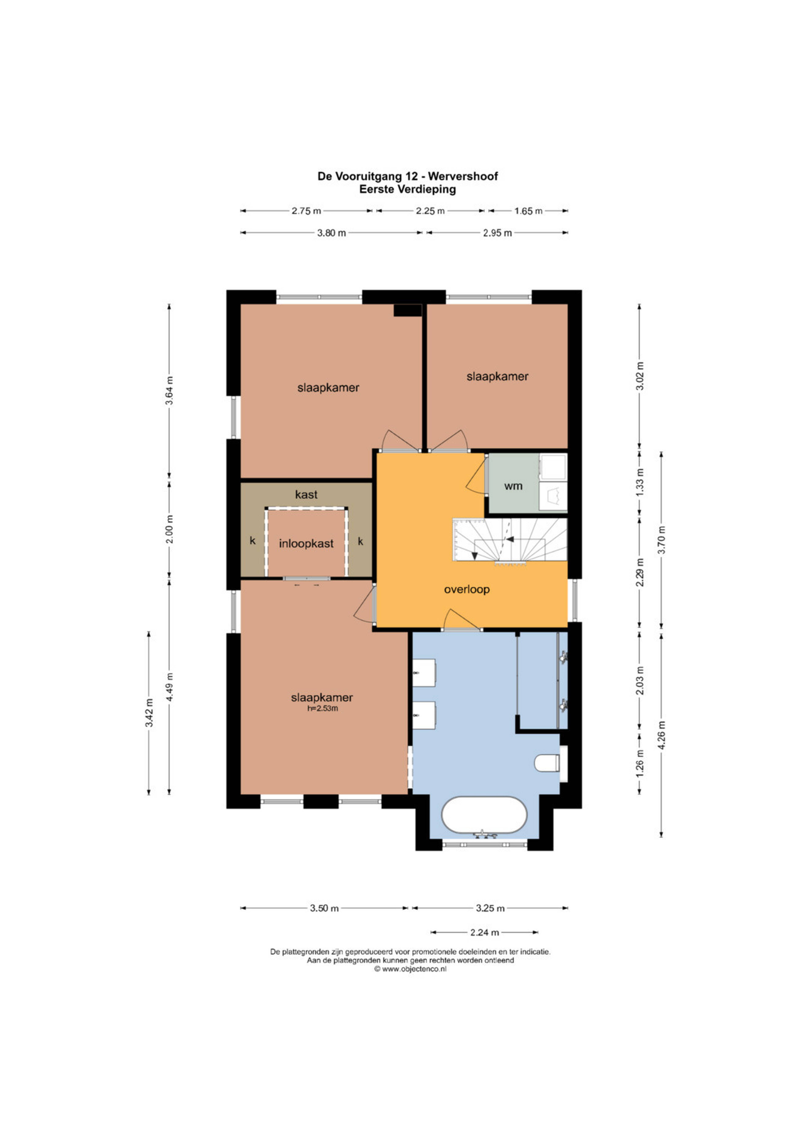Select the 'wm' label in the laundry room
pos(513,486)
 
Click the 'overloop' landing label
pos(467,589)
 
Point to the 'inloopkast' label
pos(306,544)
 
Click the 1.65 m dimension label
pos(528,211)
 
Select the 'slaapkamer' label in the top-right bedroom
pos(497,376)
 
